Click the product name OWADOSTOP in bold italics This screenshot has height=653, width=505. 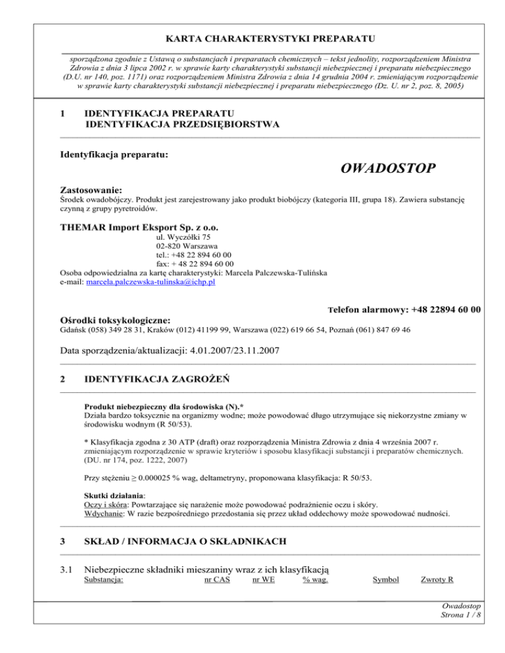tap(388, 169)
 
